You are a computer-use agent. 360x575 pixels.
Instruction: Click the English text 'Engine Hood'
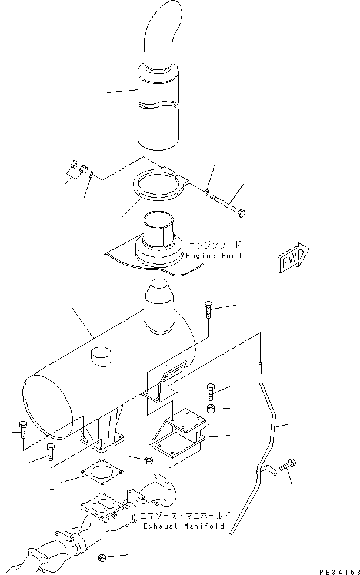(x=214, y=256)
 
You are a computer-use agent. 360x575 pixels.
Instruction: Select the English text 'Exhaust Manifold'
(x=184, y=526)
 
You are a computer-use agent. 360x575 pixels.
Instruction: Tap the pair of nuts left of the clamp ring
(x=78, y=169)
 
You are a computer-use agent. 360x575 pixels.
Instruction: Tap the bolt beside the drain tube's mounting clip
(x=288, y=466)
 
